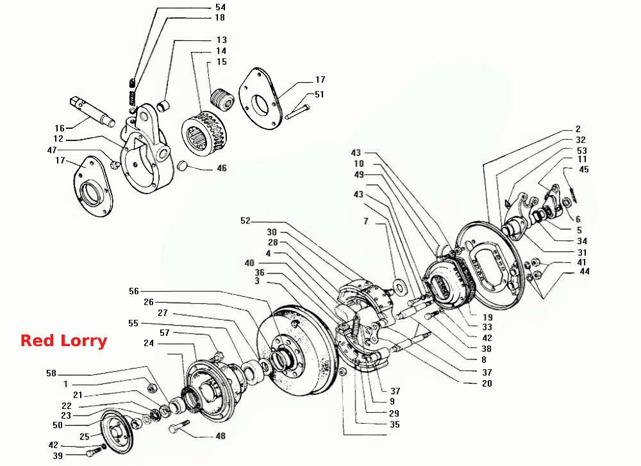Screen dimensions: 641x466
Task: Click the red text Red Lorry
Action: point(63,341)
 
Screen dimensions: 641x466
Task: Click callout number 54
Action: point(221,7)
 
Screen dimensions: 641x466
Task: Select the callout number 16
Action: point(60,128)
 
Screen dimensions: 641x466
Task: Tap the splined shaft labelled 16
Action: point(92,110)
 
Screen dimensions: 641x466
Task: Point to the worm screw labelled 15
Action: point(222,100)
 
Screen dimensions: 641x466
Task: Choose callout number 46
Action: point(222,168)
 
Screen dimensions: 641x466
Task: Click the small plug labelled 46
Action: point(182,166)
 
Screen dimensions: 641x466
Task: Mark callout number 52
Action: point(246,221)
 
